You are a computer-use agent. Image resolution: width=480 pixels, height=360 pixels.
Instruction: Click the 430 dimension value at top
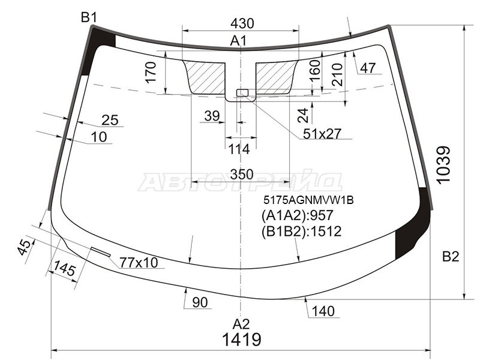click(x=242, y=23)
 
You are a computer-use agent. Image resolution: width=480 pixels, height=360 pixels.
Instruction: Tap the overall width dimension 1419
click(x=242, y=340)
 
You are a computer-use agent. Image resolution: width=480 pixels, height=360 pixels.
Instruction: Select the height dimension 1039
click(x=443, y=165)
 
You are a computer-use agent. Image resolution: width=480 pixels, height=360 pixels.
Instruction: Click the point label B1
click(x=89, y=18)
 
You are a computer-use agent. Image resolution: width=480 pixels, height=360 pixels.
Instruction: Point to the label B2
click(x=451, y=257)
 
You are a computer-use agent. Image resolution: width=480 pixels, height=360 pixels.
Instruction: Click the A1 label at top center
click(x=238, y=41)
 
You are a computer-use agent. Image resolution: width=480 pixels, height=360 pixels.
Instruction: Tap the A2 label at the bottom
click(x=241, y=324)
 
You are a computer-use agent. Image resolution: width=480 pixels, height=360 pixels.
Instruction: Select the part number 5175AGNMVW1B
click(x=308, y=200)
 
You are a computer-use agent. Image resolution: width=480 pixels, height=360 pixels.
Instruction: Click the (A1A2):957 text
click(x=297, y=215)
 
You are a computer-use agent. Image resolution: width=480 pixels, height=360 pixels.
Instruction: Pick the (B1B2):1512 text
click(x=301, y=232)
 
